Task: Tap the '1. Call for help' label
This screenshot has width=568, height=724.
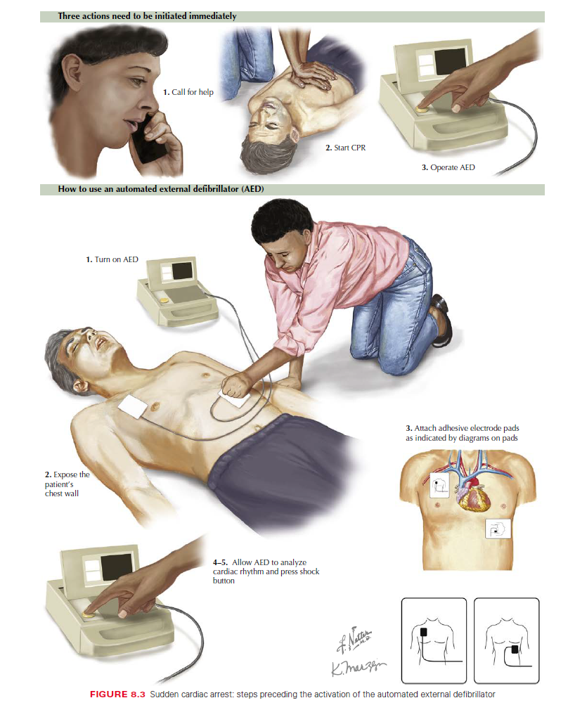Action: click(188, 92)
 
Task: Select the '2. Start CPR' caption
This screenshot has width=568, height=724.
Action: click(345, 149)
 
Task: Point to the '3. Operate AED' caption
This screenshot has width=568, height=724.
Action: click(448, 167)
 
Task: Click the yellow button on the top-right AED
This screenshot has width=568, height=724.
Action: click(421, 109)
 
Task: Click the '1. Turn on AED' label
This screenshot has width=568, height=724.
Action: click(112, 259)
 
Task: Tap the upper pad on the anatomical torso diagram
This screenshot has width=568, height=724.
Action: click(439, 484)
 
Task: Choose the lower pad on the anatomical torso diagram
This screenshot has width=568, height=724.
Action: click(500, 529)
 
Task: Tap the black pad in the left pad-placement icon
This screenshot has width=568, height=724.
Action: click(425, 632)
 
